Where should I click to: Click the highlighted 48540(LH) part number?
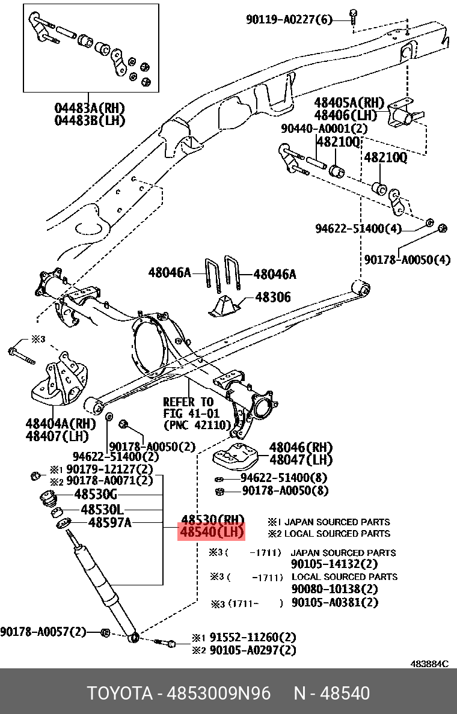(211, 532)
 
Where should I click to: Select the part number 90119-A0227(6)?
(289, 19)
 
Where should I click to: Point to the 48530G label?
(95, 495)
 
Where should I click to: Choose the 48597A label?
(109, 522)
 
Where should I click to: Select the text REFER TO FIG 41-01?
(188, 407)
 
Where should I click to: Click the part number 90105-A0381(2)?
(334, 602)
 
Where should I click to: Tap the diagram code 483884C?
(429, 664)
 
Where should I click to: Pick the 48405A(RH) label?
(349, 102)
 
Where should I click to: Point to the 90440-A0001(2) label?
(324, 129)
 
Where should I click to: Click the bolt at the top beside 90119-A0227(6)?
(354, 14)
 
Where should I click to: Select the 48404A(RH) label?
(60, 423)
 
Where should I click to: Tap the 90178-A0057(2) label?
(43, 632)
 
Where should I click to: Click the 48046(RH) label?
(301, 447)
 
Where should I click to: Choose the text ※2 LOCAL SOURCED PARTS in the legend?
(329, 533)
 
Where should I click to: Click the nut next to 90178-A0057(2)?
(103, 632)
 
